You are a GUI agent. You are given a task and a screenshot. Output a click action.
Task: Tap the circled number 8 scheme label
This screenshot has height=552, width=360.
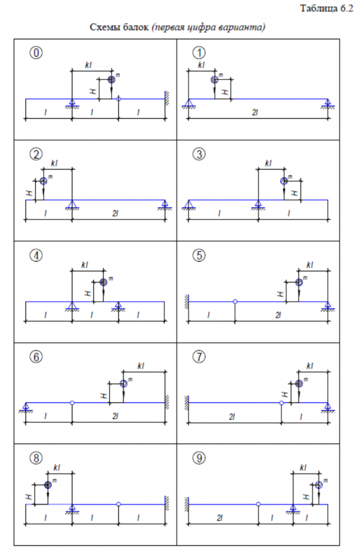[x=36, y=458]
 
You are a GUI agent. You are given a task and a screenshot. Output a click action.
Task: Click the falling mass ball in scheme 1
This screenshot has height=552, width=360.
[x=215, y=80]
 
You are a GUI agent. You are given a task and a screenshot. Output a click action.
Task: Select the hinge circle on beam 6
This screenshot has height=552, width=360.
[x=72, y=403]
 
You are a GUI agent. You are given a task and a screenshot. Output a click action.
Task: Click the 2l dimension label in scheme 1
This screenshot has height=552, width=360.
[x=255, y=113]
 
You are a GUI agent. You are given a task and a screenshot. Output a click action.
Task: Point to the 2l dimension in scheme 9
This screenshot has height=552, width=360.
[x=219, y=517]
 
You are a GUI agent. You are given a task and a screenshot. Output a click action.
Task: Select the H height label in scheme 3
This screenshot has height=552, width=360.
[x=296, y=193]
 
